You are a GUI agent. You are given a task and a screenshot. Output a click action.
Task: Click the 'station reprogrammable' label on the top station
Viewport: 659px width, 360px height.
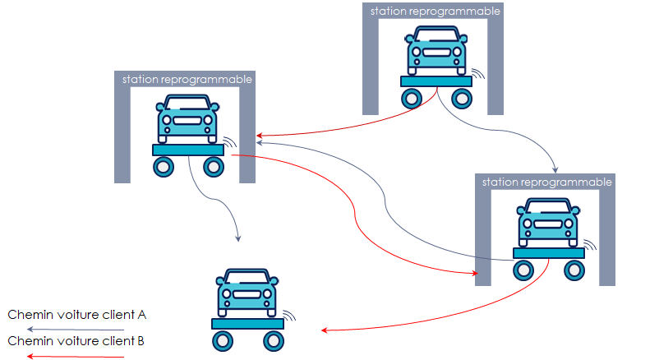coord(435,12)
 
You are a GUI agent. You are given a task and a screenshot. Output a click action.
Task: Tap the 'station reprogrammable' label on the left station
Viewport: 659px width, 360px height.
coord(187,80)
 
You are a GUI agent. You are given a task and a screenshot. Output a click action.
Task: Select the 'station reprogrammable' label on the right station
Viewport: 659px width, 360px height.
coord(546,182)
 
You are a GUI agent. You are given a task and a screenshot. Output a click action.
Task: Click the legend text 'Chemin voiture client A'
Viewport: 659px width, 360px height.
coord(77,315)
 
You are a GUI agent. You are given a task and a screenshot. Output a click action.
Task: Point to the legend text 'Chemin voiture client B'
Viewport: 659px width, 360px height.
coord(77,339)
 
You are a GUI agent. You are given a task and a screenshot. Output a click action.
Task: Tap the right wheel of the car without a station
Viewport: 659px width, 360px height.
coord(272,340)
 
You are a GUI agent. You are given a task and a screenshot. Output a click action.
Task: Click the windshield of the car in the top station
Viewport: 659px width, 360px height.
coord(437,37)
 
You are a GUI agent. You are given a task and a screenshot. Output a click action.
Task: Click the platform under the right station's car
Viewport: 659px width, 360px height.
coord(548,253)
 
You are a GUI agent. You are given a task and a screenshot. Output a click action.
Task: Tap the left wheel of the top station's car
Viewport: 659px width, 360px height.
coord(412,99)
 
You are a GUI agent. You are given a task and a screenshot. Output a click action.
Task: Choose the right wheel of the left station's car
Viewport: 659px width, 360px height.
coord(214,167)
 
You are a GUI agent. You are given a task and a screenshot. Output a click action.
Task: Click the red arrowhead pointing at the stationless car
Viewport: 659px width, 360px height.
coord(325,330)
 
